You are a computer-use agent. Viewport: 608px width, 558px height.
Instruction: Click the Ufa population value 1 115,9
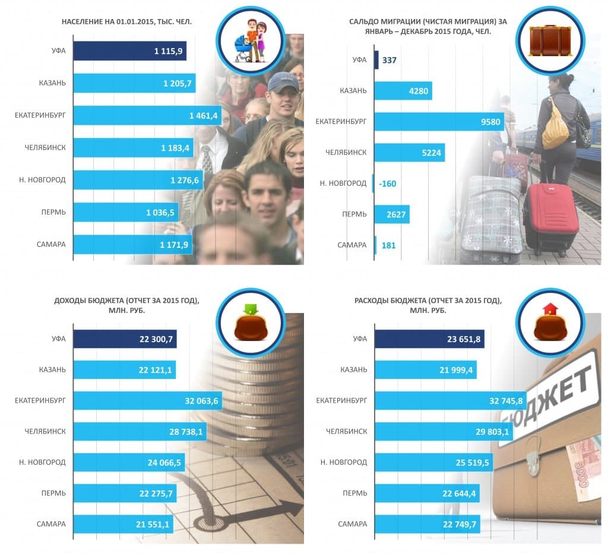[x=168, y=52]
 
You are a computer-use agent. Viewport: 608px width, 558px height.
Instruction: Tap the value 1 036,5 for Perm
[x=160, y=212]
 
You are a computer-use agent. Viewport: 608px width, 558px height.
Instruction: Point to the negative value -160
[x=387, y=184]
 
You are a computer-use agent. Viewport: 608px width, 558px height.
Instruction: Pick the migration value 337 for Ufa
[x=389, y=60]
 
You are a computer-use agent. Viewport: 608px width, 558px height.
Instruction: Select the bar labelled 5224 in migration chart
[x=410, y=153]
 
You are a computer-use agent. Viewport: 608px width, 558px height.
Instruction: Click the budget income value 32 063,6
[x=201, y=401]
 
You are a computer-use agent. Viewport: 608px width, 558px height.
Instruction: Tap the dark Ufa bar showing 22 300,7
[x=125, y=339]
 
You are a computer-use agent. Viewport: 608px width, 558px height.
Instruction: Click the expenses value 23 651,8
[x=464, y=339]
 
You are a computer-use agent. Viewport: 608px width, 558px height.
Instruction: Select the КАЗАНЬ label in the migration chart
[x=353, y=91]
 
